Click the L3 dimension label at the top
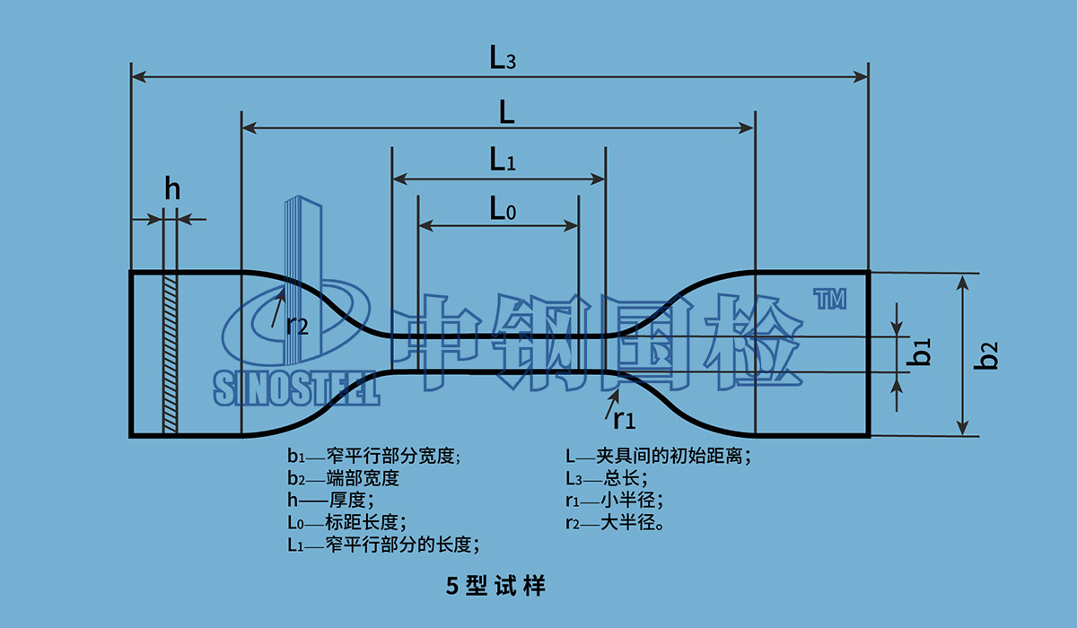502,59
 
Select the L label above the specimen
507,112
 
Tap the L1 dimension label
502,161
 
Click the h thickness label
172,189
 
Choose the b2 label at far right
988,354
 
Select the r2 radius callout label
297,325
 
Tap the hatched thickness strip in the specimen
171,353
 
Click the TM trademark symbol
829,300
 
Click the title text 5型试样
495,587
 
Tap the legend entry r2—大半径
615,522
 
